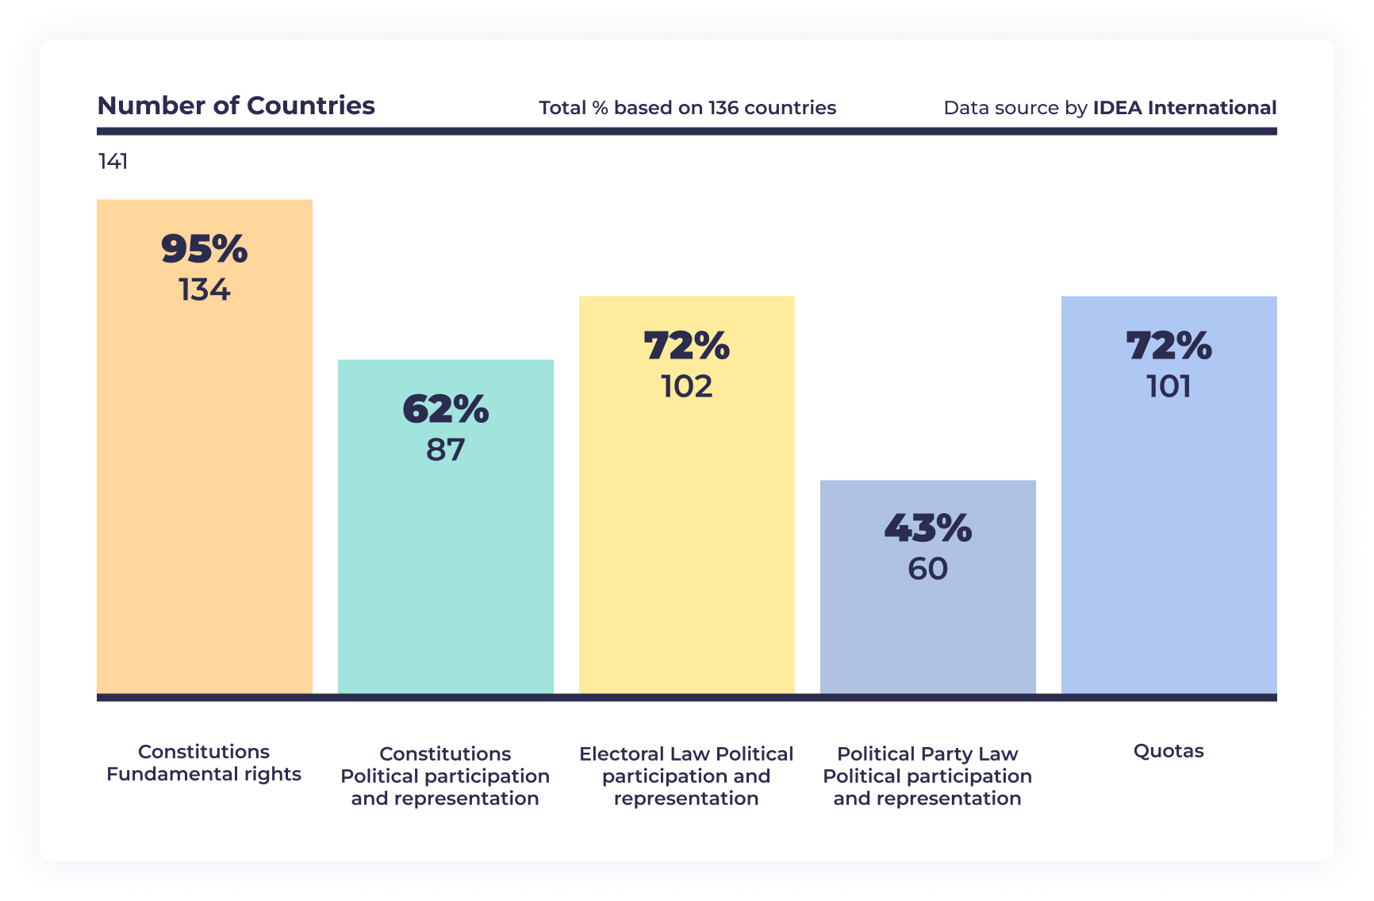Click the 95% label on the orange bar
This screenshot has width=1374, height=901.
pyautogui.click(x=205, y=249)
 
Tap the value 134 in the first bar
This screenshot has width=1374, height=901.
pyautogui.click(x=205, y=290)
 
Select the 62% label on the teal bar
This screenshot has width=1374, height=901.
pyautogui.click(x=445, y=410)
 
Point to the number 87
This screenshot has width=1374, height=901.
pyautogui.click(x=445, y=450)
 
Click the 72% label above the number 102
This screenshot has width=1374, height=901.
pyautogui.click(x=686, y=347)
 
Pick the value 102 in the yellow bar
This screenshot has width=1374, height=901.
pyautogui.click(x=686, y=387)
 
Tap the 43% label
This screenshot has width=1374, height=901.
pyautogui.click(x=927, y=529)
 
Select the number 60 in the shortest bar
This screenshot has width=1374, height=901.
pyautogui.click(x=927, y=569)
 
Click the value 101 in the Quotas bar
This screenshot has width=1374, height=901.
pyautogui.click(x=1169, y=387)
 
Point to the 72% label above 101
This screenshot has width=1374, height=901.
pyautogui.click(x=1169, y=347)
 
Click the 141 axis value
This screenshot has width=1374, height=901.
pyautogui.click(x=113, y=162)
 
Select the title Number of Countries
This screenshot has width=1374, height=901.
pyautogui.click(x=236, y=105)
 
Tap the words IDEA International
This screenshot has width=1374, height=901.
pyautogui.click(x=1184, y=108)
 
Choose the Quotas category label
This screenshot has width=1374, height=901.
pyautogui.click(x=1169, y=751)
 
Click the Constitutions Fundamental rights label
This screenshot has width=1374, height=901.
pyautogui.click(x=204, y=763)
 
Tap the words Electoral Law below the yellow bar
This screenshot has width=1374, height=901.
pyautogui.click(x=644, y=754)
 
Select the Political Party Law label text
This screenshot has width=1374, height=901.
pyautogui.click(x=927, y=754)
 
